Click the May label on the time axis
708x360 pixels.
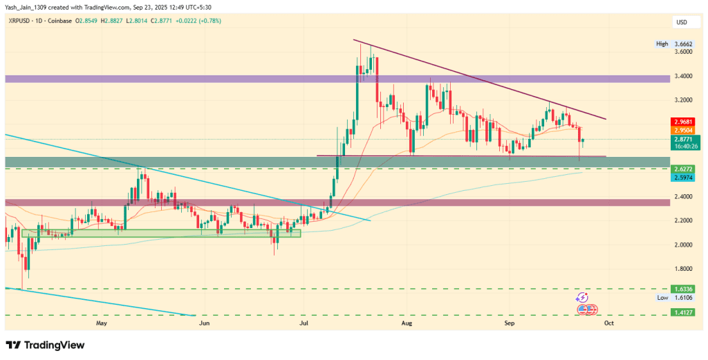tap(102, 323)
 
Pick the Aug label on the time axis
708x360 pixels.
tap(407, 323)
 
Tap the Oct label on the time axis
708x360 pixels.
tap(608, 323)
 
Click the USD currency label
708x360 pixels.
tap(681, 21)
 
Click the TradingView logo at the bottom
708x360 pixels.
tap(45, 345)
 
